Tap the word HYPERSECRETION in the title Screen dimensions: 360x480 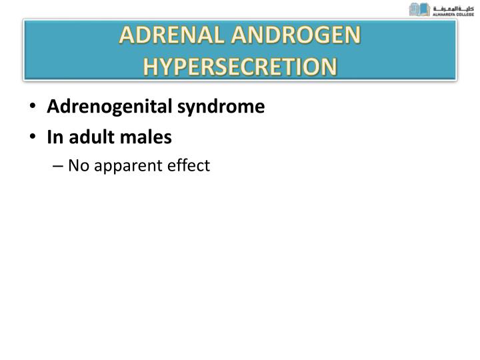(x=241, y=67)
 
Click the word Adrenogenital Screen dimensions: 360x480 (x=109, y=107)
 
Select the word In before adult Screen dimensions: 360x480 (x=53, y=137)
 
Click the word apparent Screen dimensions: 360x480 (x=128, y=166)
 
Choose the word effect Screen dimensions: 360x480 (x=189, y=165)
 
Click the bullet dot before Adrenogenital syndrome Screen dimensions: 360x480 (x=33, y=107)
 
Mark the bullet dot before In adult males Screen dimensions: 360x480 (x=33, y=138)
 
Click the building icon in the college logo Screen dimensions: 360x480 (x=419, y=9)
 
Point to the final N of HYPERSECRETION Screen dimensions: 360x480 (x=329, y=67)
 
